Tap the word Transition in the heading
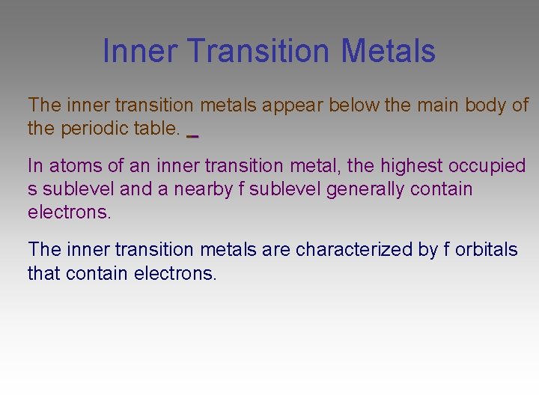[x=259, y=51]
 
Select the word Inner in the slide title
[x=139, y=51]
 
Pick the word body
[x=486, y=105]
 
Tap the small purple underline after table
[x=192, y=136]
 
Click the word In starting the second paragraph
[x=35, y=165]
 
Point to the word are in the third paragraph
[x=276, y=249]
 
